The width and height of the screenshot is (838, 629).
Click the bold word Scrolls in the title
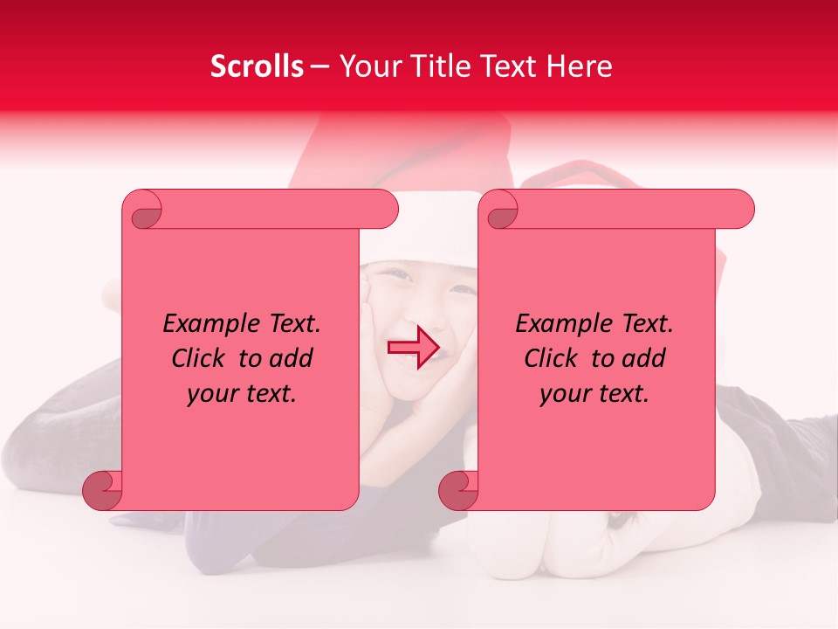257,66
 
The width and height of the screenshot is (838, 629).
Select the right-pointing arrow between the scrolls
413,347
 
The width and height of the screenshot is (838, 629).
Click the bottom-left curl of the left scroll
102,489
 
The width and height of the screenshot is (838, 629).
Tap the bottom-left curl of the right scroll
458,489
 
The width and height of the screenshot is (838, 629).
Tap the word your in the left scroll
211,394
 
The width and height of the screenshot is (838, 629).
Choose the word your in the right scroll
564,394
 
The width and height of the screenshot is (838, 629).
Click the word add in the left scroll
292,358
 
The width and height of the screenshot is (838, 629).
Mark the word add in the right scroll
645,358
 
